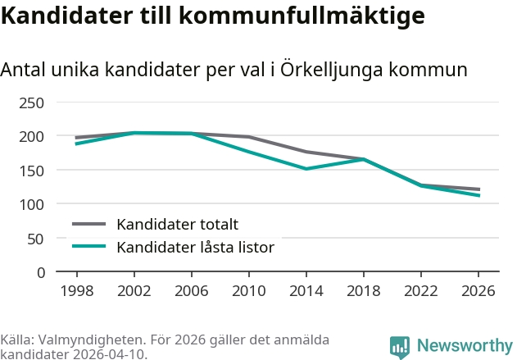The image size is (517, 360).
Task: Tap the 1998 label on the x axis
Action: click(x=76, y=291)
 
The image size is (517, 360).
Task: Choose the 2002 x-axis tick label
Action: click(x=134, y=291)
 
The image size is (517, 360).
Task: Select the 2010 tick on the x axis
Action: click(x=248, y=291)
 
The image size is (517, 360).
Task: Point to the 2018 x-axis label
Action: click(x=363, y=291)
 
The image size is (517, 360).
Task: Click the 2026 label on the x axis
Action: click(x=478, y=291)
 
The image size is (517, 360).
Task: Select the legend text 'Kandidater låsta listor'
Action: click(x=195, y=247)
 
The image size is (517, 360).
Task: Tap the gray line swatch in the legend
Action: click(x=89, y=224)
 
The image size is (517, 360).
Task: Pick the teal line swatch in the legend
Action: click(x=89, y=247)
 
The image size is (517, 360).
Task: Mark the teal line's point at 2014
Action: click(x=306, y=169)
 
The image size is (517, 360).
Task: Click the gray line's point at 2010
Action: click(x=248, y=137)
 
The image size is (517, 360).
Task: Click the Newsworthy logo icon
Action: click(x=400, y=347)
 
